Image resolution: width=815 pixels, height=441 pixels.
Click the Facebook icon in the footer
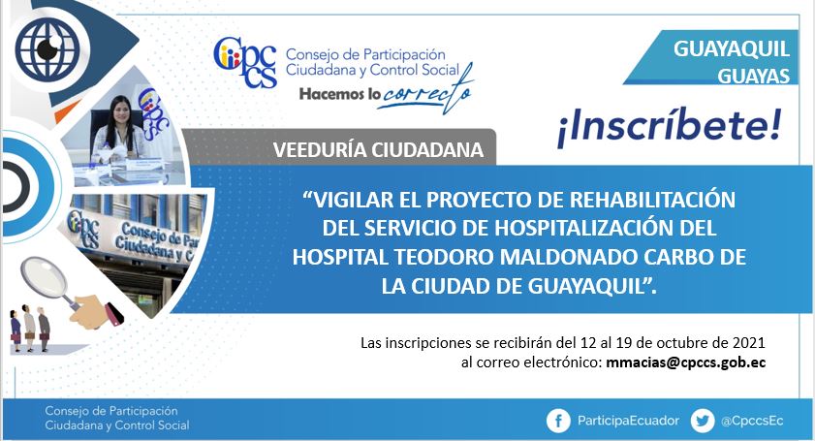tap(558, 421)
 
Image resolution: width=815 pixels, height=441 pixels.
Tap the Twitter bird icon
tap(703, 421)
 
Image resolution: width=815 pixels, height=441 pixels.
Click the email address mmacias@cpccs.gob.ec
tap(685, 362)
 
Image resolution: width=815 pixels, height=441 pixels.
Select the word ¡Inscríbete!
tap(670, 127)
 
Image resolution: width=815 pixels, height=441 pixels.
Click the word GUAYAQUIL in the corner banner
tap(732, 48)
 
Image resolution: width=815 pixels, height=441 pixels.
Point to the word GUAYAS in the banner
tap(754, 77)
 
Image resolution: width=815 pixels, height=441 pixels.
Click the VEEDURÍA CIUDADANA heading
tap(378, 150)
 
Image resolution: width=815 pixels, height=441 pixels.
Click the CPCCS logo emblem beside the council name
tap(244, 62)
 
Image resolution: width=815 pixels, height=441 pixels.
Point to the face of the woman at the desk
tap(119, 110)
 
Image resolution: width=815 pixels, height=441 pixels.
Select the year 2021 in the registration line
tap(748, 343)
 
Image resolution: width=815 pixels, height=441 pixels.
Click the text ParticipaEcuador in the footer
tap(628, 421)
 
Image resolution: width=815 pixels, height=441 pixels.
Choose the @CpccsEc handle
tap(752, 421)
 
